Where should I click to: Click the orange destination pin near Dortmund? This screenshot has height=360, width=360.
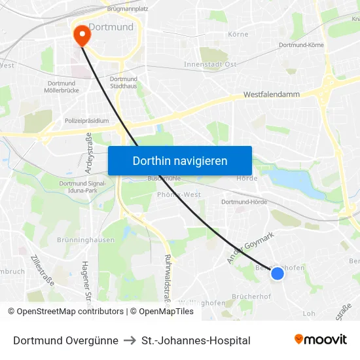(82, 35)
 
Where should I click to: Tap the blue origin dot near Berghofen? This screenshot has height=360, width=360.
(278, 274)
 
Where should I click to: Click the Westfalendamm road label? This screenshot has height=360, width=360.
(271, 94)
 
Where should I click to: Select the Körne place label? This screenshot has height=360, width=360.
(238, 34)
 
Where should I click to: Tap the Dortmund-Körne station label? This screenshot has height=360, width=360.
(301, 45)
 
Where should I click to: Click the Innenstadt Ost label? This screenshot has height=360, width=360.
(210, 64)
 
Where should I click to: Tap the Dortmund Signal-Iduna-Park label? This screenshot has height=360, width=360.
(82, 187)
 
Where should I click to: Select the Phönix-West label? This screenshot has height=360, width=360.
(179, 195)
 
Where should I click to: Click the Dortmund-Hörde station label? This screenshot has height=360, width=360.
(244, 202)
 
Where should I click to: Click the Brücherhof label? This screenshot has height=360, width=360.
(251, 297)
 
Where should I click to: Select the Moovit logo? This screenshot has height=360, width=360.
(321, 339)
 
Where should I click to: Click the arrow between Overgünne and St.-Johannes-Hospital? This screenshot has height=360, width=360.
(130, 340)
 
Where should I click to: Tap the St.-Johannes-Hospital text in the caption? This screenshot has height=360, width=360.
(196, 340)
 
